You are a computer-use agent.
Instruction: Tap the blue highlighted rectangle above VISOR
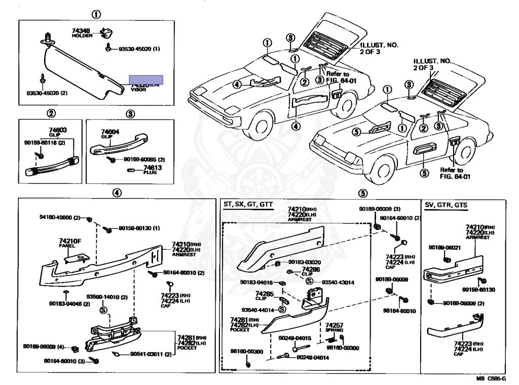point(146,80)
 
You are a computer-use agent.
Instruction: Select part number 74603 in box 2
point(58,130)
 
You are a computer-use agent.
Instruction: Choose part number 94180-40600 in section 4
point(56,217)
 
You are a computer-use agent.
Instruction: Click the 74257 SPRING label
point(334,325)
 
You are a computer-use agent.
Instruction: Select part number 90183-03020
point(306,262)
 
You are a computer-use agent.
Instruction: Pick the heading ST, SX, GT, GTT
point(248,204)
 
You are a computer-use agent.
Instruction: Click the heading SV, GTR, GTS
point(446,204)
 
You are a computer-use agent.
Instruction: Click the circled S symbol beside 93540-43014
point(309,282)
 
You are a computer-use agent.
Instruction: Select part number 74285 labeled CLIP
point(264,293)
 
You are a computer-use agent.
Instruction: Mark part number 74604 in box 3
point(110,132)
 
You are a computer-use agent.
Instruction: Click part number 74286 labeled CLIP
point(311,269)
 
